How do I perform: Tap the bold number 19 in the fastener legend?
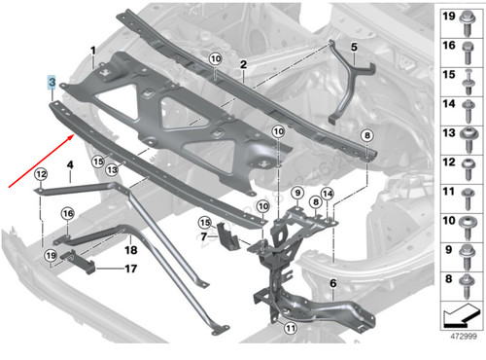pyautogui.click(x=450, y=18)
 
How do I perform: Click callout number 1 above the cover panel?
pyautogui.click(x=93, y=50)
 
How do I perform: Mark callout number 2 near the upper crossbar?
pyautogui.click(x=243, y=64)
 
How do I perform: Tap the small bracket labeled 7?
pyautogui.click(x=226, y=239)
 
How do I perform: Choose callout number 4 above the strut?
pyautogui.click(x=71, y=166)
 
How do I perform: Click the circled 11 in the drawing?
pyautogui.click(x=290, y=329)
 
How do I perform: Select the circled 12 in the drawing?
pyautogui.click(x=41, y=174)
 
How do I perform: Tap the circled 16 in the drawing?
pyautogui.click(x=67, y=213)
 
